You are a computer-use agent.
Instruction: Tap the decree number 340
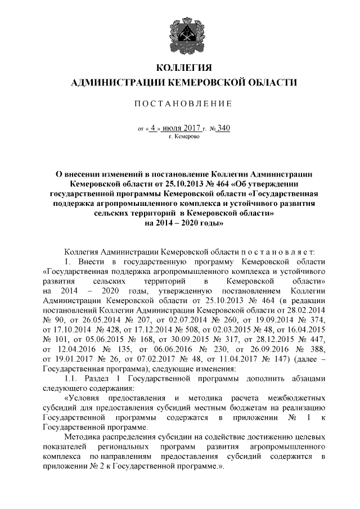click(x=223, y=128)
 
